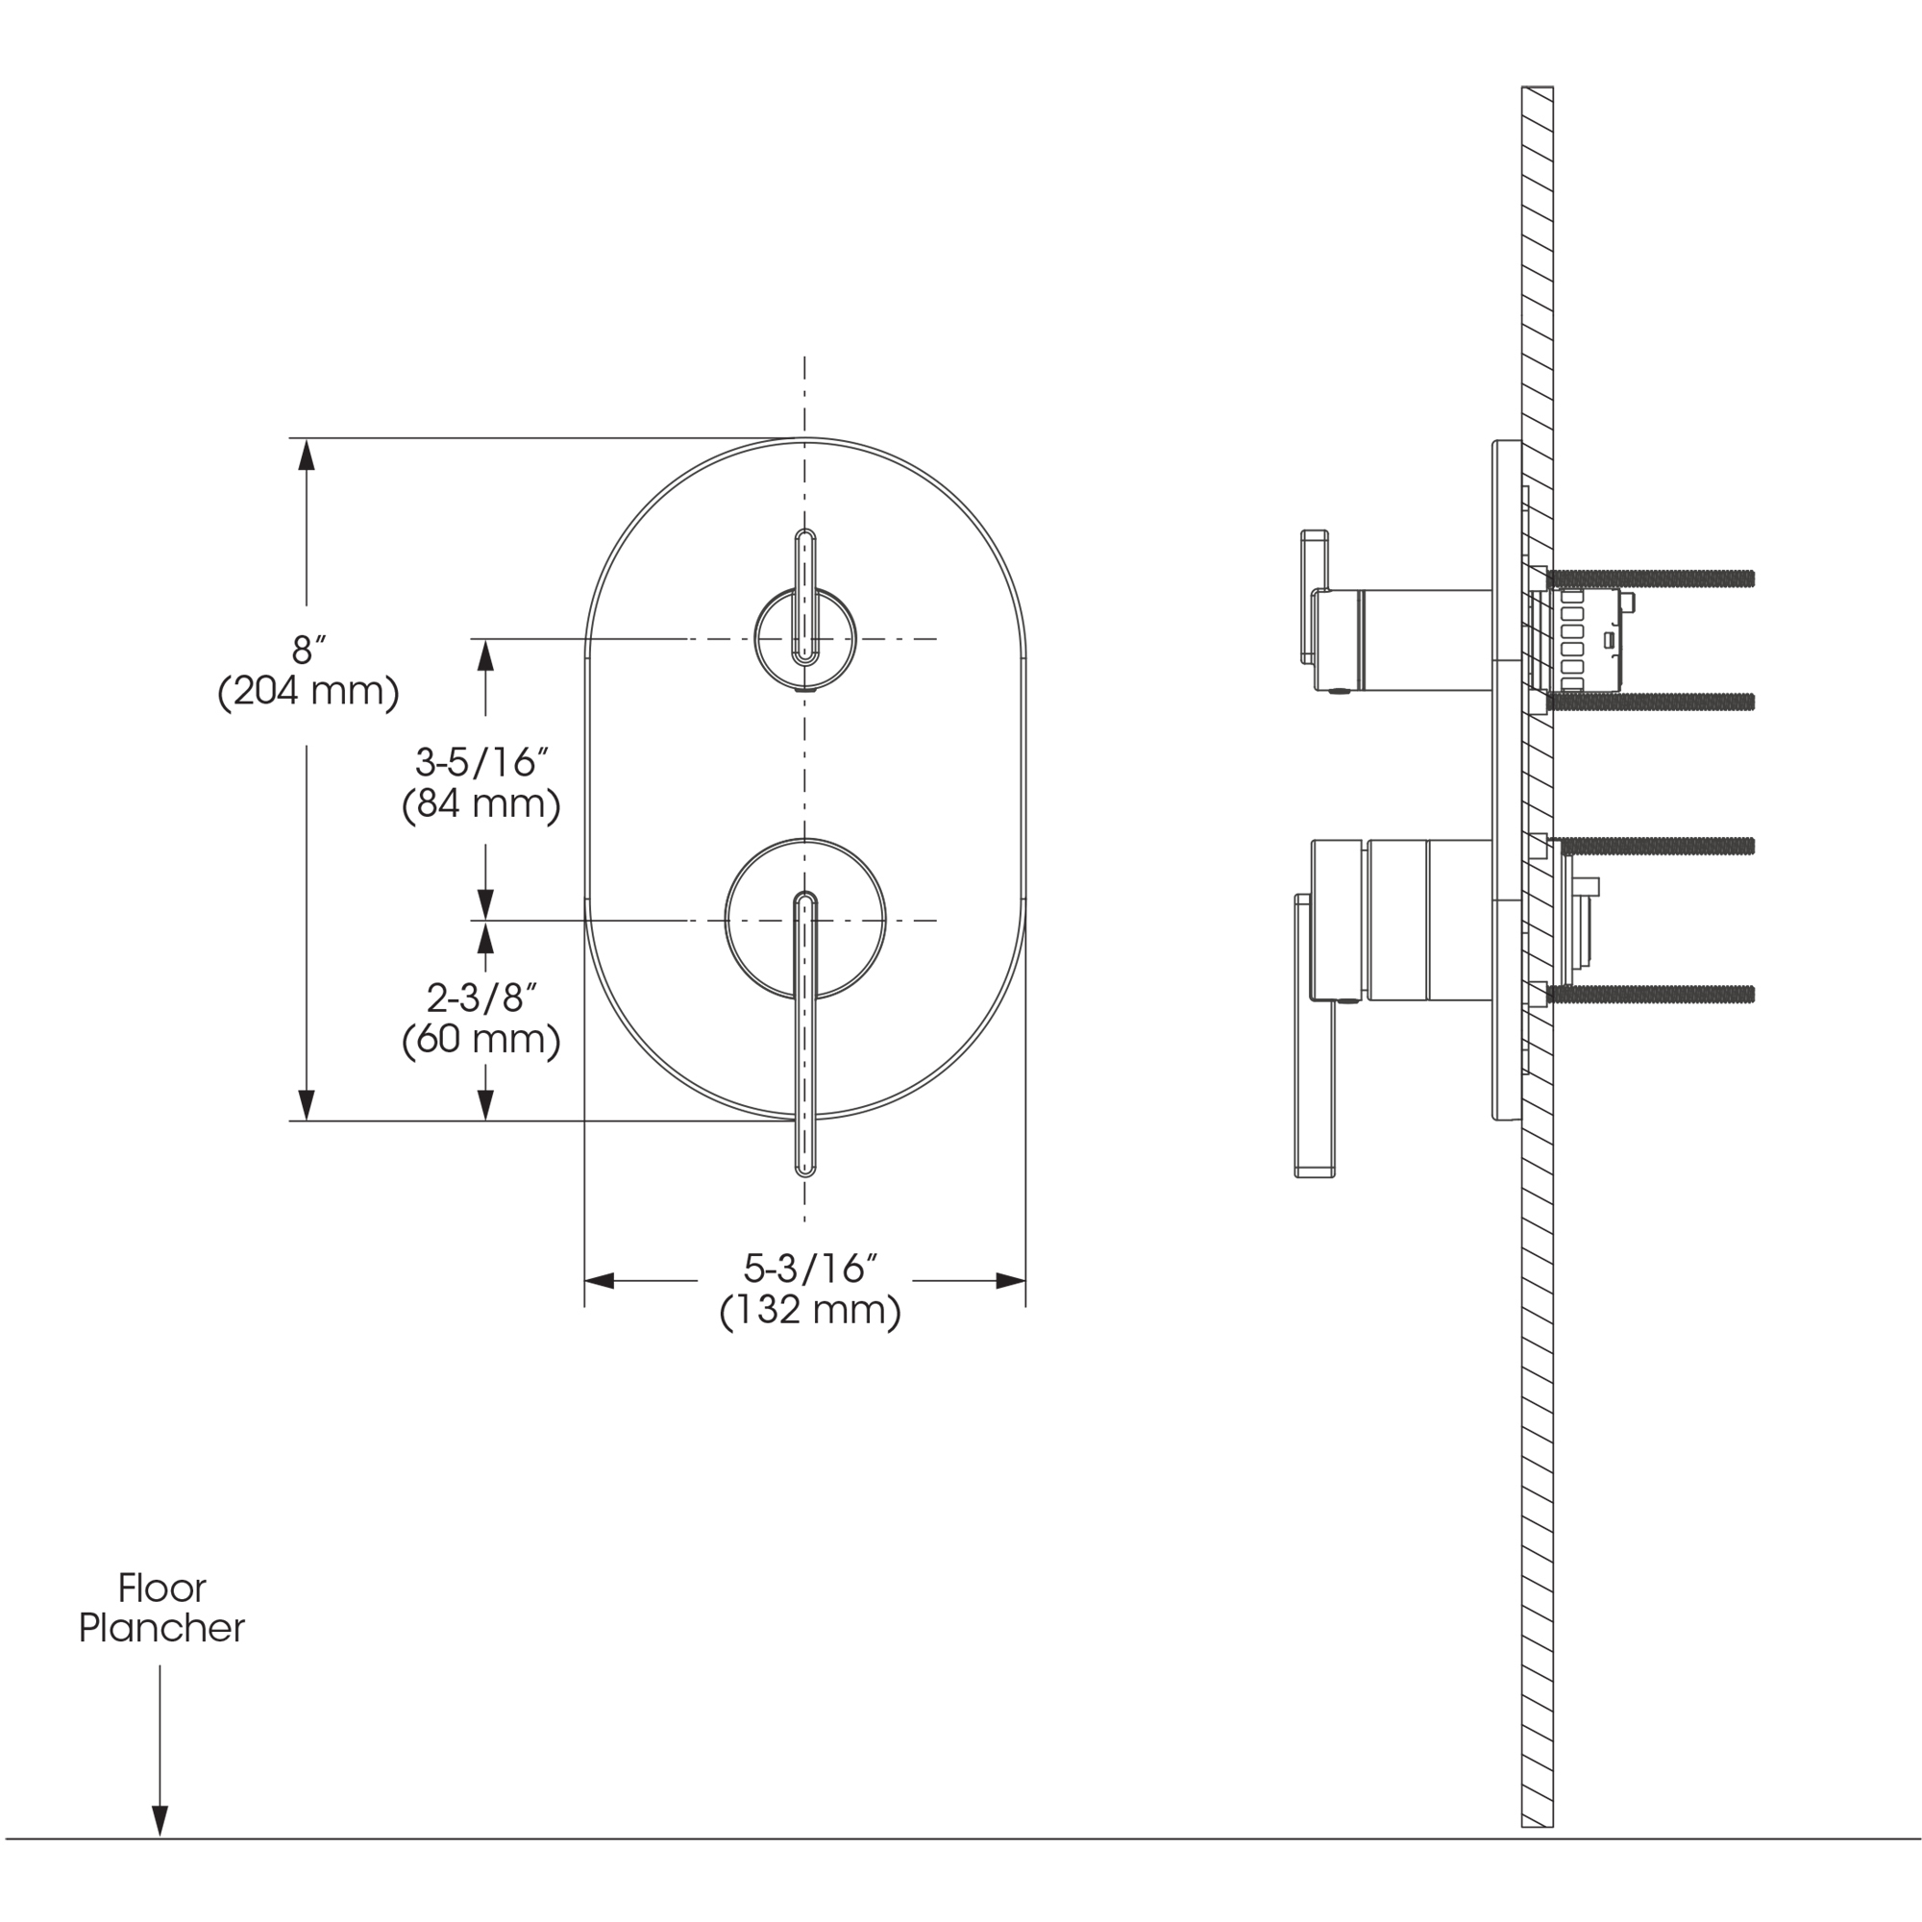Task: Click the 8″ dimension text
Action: (x=308, y=651)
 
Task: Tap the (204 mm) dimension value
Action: (x=308, y=691)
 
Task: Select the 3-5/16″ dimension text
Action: (x=481, y=763)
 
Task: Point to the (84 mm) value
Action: (x=481, y=803)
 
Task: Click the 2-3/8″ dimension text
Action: (x=481, y=998)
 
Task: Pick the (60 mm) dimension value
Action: (x=481, y=1040)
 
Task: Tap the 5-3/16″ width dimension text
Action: (x=810, y=1269)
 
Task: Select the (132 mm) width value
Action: (x=810, y=1310)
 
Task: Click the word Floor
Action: (x=162, y=1588)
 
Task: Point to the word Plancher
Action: (x=162, y=1629)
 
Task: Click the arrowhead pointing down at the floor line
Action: (x=160, y=1819)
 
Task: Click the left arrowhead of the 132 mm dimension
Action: (x=599, y=1281)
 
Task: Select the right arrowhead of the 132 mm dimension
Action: (x=1011, y=1281)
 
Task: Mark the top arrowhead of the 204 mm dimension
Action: (x=307, y=455)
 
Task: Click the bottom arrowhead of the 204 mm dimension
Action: (x=307, y=1104)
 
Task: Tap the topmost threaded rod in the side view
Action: (x=1651, y=578)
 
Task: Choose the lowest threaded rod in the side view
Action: (x=1651, y=994)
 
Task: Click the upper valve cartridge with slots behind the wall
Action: (x=1578, y=640)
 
